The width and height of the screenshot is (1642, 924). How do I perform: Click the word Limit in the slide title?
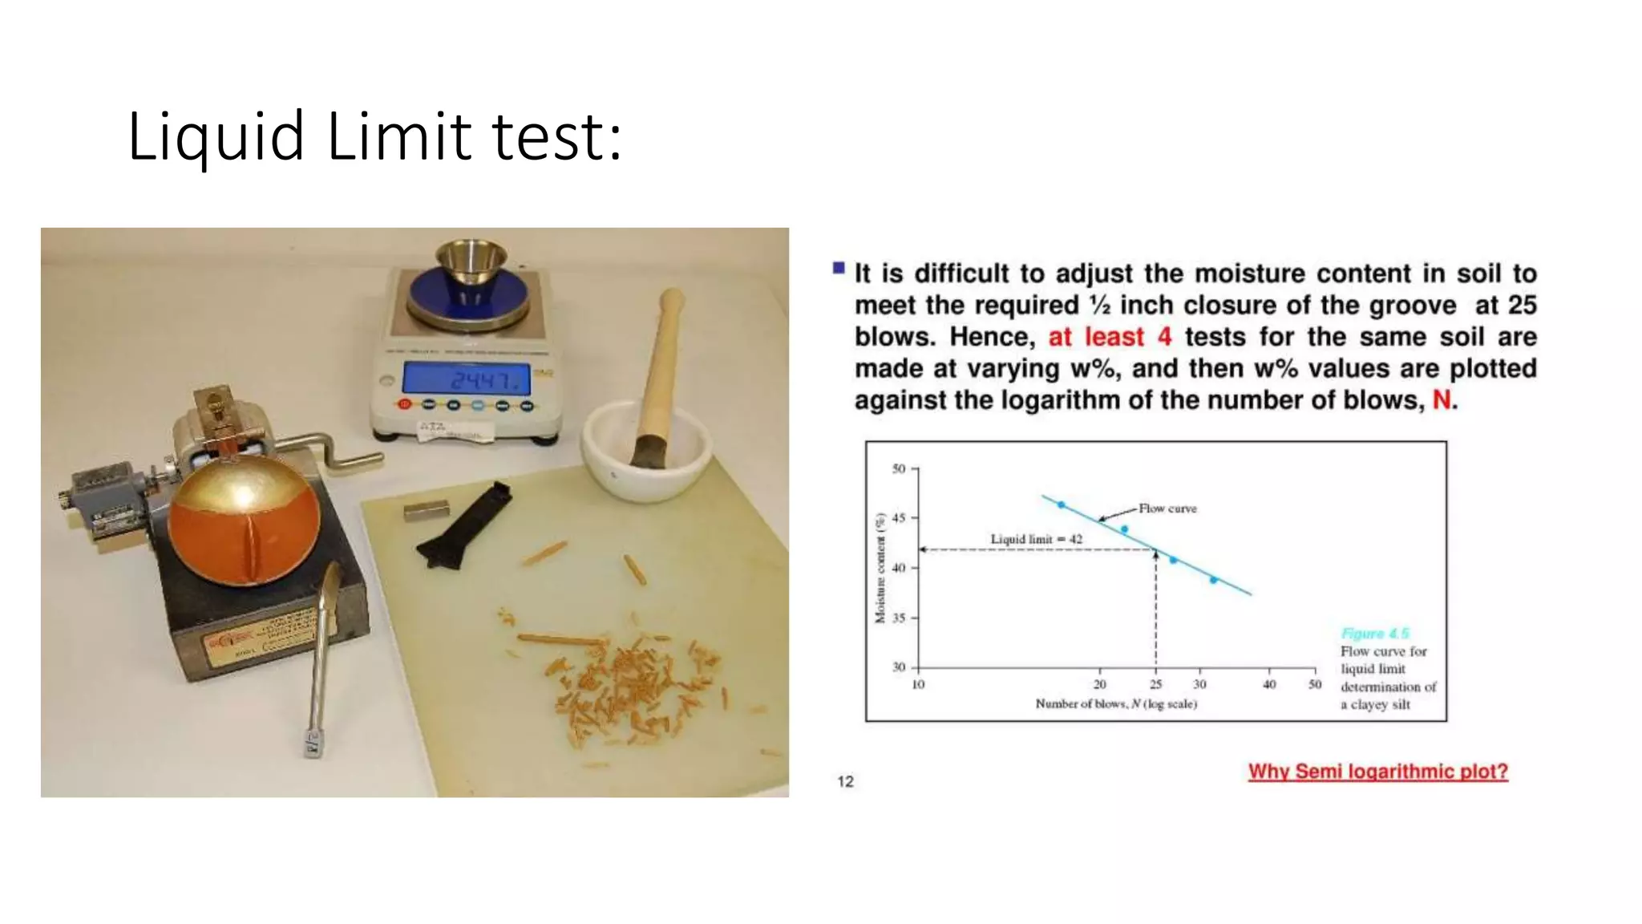(x=398, y=136)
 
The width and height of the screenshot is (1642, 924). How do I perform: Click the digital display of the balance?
(x=466, y=378)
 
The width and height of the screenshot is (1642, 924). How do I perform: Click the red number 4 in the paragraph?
(x=1164, y=337)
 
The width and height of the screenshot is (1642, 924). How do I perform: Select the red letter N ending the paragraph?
(x=1442, y=399)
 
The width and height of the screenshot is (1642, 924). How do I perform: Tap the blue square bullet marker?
(x=839, y=268)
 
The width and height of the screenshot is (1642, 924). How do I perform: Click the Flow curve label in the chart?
(x=1167, y=509)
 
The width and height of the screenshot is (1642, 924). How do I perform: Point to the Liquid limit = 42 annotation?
(x=1036, y=539)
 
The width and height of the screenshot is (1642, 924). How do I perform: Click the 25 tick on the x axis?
(x=1155, y=684)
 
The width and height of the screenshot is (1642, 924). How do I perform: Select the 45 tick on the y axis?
(x=899, y=518)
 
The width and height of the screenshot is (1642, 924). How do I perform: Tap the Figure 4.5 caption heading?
(x=1374, y=634)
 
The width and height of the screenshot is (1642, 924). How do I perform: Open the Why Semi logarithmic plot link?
(x=1377, y=772)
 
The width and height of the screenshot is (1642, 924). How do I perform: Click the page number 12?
(x=845, y=781)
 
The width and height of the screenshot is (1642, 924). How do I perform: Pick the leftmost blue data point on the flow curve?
(x=1062, y=505)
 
